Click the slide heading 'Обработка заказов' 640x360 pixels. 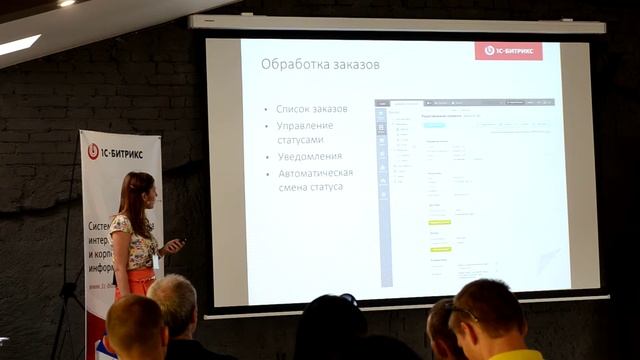[x=320, y=65]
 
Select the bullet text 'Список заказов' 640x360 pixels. [x=312, y=108]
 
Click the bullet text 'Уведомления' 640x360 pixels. [x=310, y=156]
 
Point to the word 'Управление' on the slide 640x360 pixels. [x=306, y=125]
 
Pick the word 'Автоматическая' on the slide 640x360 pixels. [x=316, y=172]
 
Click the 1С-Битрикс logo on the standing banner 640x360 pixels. [x=119, y=152]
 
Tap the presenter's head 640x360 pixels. [x=136, y=189]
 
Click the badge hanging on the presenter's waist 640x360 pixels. [x=155, y=261]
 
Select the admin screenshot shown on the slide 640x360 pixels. [x=464, y=190]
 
